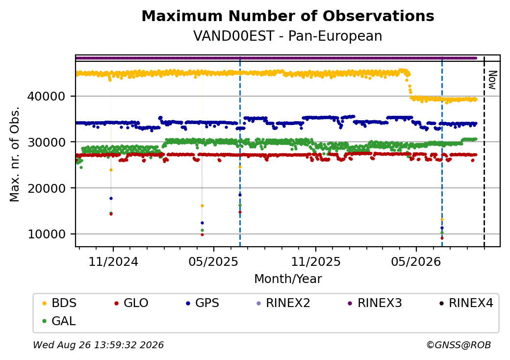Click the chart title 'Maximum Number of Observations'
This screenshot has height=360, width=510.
(x=288, y=16)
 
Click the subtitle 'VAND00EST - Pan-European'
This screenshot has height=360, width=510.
(x=288, y=36)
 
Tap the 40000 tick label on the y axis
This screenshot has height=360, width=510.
(x=47, y=96)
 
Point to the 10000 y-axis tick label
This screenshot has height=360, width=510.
(x=47, y=234)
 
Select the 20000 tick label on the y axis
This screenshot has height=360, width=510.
(x=47, y=188)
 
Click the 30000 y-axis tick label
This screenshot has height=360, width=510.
(x=47, y=142)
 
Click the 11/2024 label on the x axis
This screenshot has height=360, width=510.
(x=113, y=262)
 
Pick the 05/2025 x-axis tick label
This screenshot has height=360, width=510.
(x=213, y=262)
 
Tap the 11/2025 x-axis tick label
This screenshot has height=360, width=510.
(x=315, y=262)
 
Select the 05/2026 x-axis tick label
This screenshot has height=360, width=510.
(x=416, y=262)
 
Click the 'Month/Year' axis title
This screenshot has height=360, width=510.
(x=288, y=279)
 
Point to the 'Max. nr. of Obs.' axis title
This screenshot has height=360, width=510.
(x=15, y=154)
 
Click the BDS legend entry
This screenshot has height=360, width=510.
(x=59, y=303)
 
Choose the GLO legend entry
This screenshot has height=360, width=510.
(x=131, y=303)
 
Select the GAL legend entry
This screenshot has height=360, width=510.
(x=59, y=321)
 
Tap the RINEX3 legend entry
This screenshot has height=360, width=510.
(x=375, y=303)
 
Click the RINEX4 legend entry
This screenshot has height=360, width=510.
(x=466, y=303)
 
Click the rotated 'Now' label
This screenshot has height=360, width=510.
(x=493, y=80)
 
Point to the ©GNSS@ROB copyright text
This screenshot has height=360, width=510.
(x=459, y=345)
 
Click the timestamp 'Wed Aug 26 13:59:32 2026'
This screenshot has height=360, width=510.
(x=99, y=345)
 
